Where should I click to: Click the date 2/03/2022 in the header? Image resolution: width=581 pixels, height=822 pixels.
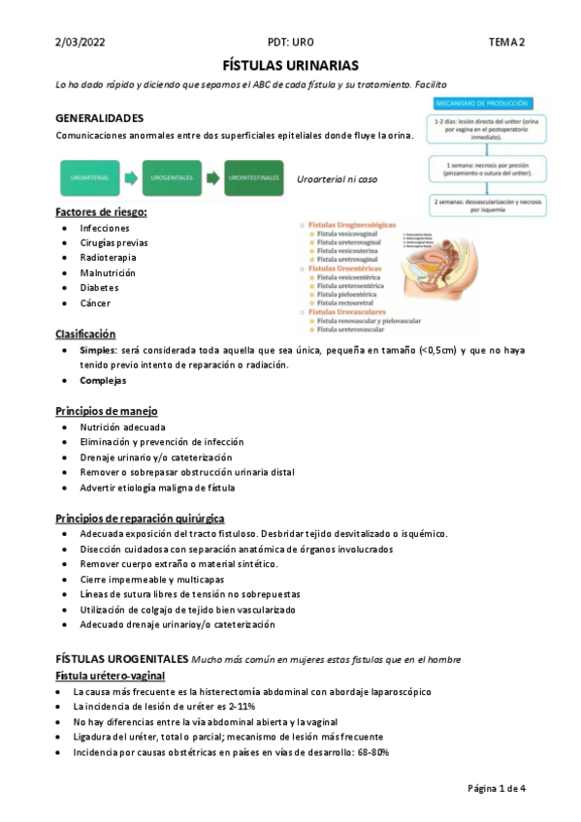[x=81, y=42]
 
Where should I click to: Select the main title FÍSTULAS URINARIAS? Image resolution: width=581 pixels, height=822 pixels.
[x=291, y=66]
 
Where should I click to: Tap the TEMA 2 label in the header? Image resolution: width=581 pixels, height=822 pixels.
[x=505, y=42]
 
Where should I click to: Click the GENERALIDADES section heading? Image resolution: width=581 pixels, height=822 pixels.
[x=100, y=117]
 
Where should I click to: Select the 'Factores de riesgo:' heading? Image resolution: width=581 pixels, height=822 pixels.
[x=101, y=211]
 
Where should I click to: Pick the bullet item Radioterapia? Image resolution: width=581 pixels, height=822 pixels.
[x=108, y=258]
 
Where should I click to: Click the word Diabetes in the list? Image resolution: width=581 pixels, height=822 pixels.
[x=100, y=288]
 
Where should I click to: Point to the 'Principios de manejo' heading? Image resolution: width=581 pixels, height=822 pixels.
[x=107, y=411]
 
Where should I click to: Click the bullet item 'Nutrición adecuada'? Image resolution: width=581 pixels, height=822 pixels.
[x=123, y=427]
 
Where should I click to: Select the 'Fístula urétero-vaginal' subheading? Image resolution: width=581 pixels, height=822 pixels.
[x=110, y=675]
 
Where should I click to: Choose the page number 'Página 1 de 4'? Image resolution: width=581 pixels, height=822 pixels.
[x=496, y=788]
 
